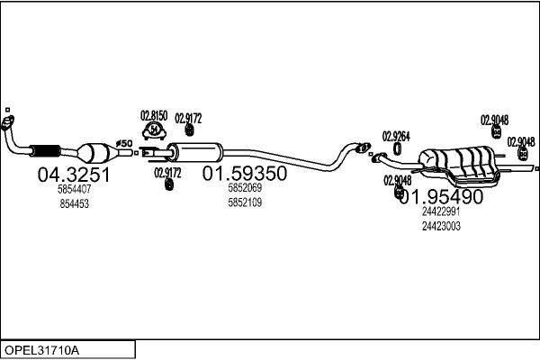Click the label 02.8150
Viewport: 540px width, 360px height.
[153, 115]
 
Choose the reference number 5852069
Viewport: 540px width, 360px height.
[244, 188]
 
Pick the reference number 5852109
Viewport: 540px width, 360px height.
[244, 202]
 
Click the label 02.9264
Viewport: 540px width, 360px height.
[396, 137]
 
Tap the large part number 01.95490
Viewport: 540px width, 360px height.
[441, 197]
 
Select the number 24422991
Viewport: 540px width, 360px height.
[441, 211]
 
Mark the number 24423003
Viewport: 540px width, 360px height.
[441, 226]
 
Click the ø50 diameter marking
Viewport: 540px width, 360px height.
[125, 143]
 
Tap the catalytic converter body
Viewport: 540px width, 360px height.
[94, 150]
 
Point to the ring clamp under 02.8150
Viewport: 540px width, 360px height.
[154, 131]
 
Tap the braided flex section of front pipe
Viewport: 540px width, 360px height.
[44, 149]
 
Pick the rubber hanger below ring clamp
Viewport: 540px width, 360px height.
[167, 184]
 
